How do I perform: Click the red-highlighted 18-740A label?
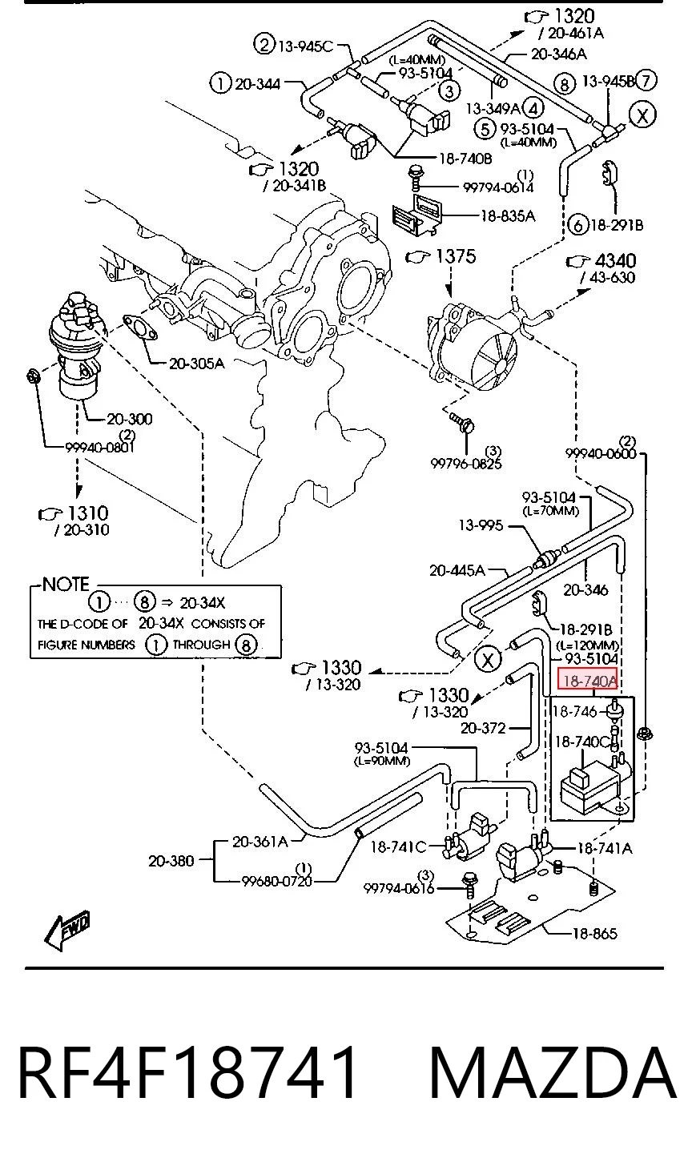[588, 681]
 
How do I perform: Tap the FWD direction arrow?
[67, 930]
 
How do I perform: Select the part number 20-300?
[130, 419]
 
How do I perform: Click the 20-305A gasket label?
[197, 363]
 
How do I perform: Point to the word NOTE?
[66, 584]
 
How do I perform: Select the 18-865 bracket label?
[594, 933]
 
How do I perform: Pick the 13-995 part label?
[481, 525]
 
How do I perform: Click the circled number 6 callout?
[577, 225]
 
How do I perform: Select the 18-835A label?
[507, 215]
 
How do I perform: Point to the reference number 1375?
[456, 256]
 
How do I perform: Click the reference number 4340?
[615, 260]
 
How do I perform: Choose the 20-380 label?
[171, 860]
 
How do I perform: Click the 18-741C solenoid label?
[398, 847]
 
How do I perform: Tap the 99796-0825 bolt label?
[466, 463]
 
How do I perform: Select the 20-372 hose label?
[483, 727]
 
